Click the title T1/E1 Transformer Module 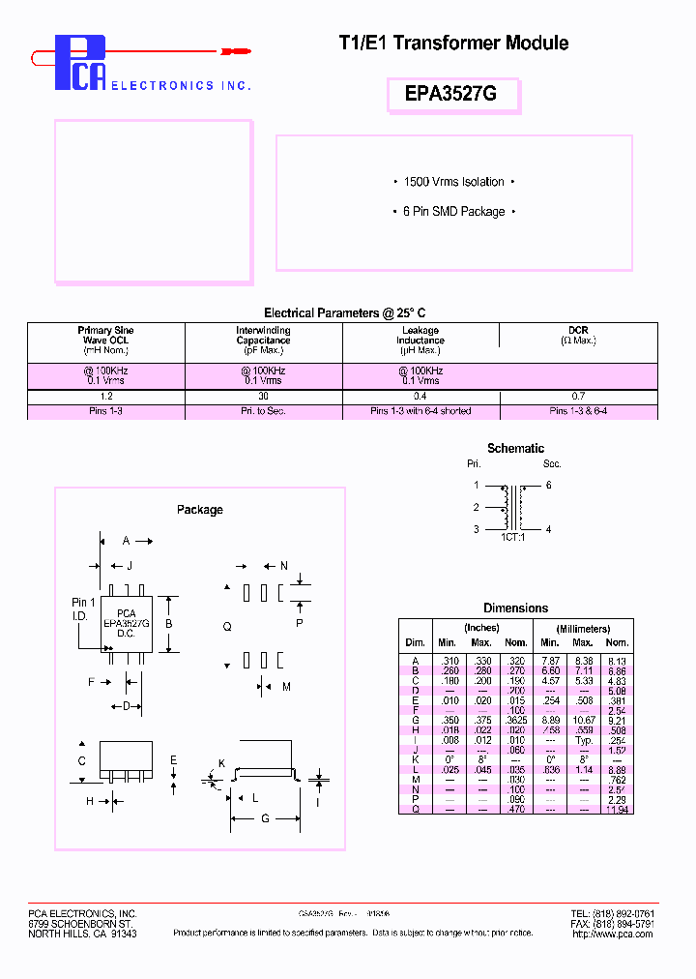coord(453,43)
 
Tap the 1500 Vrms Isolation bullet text coord(454,182)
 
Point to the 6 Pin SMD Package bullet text coord(454,211)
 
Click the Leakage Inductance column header coord(420,335)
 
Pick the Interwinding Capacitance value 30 coord(263,397)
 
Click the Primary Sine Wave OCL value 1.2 coord(105,397)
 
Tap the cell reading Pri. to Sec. coord(263,411)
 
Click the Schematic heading coord(515,448)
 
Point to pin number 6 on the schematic coord(548,486)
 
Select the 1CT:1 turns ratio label coord(513,537)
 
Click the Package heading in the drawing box coord(199,510)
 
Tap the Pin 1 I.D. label coord(84,608)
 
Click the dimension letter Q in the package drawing coord(227,627)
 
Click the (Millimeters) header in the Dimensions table coord(583,629)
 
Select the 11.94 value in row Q coord(616,809)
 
